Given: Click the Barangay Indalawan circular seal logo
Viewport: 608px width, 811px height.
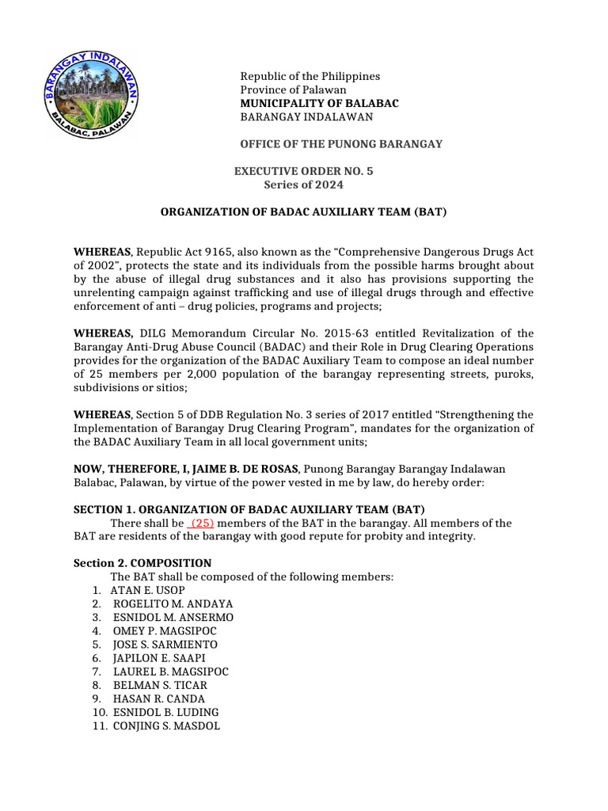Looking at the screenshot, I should click(x=92, y=96).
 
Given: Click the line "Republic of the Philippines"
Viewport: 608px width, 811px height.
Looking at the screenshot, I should click(x=310, y=76).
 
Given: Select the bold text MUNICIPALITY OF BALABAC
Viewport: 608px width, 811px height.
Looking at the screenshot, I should click(x=319, y=104).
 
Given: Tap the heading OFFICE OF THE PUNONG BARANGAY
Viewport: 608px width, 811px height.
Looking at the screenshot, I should click(x=341, y=143).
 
